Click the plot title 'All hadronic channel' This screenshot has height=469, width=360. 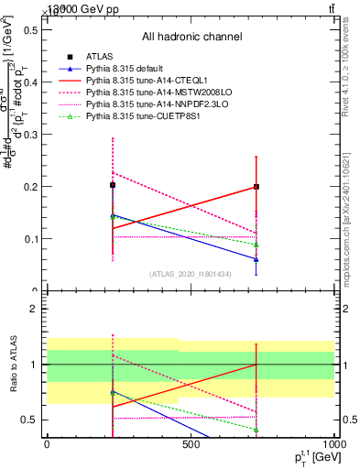[x=191, y=38]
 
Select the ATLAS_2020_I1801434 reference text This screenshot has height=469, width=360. [x=191, y=274]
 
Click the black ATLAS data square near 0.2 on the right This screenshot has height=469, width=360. [x=256, y=187]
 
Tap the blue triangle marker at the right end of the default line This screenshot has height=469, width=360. [x=256, y=259]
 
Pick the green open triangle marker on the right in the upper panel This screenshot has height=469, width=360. [x=256, y=245]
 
